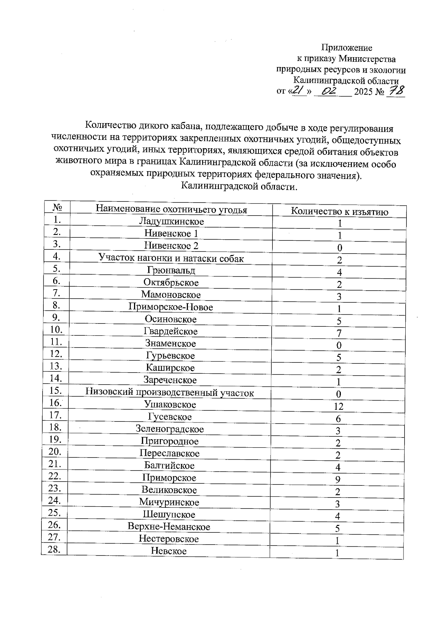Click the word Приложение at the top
click(346, 48)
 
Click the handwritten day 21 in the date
click(299, 90)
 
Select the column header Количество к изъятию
click(339, 212)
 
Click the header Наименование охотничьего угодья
click(171, 209)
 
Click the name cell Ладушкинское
click(171, 221)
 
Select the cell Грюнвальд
click(171, 270)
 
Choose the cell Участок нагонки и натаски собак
click(171, 258)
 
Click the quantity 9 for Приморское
click(338, 480)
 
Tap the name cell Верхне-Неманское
click(169, 527)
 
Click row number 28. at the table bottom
click(54, 549)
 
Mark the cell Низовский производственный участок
click(170, 393)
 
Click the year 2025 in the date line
click(363, 92)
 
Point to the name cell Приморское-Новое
click(170, 307)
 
